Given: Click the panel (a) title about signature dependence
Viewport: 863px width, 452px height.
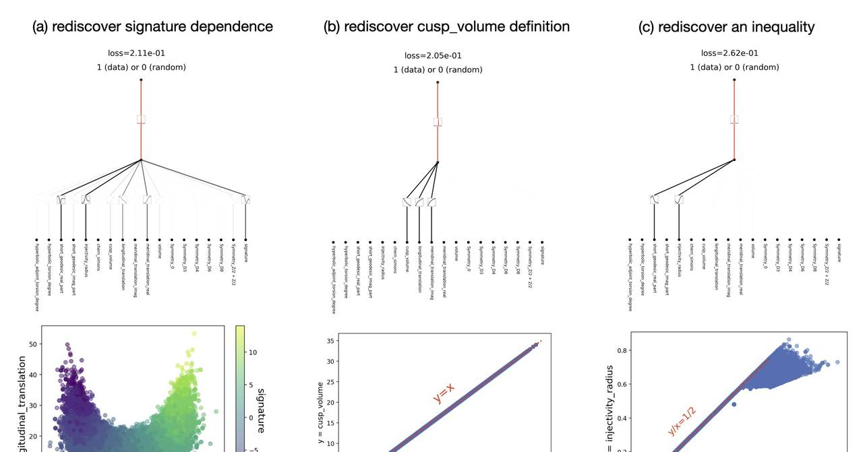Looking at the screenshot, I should (x=152, y=26).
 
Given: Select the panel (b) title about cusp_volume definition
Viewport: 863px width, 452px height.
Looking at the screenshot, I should (x=446, y=26).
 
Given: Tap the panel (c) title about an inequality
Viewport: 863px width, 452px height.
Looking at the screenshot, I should (x=726, y=27).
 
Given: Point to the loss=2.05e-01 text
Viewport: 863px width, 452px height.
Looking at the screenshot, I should (x=433, y=56).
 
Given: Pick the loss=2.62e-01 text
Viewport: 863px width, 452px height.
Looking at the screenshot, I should (x=730, y=53).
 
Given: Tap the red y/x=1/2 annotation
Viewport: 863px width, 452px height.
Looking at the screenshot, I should (x=682, y=421).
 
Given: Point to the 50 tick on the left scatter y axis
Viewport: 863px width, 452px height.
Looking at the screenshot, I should (x=33, y=344).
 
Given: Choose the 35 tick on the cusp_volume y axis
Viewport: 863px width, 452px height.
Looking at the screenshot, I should (x=330, y=342).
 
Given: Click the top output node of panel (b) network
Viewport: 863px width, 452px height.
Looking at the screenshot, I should (x=438, y=82).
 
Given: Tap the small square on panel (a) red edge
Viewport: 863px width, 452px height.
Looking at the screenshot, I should (x=141, y=119).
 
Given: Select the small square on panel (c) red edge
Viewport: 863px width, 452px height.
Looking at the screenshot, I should (x=734, y=119).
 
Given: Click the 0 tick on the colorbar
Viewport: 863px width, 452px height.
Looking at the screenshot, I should (x=251, y=418).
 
